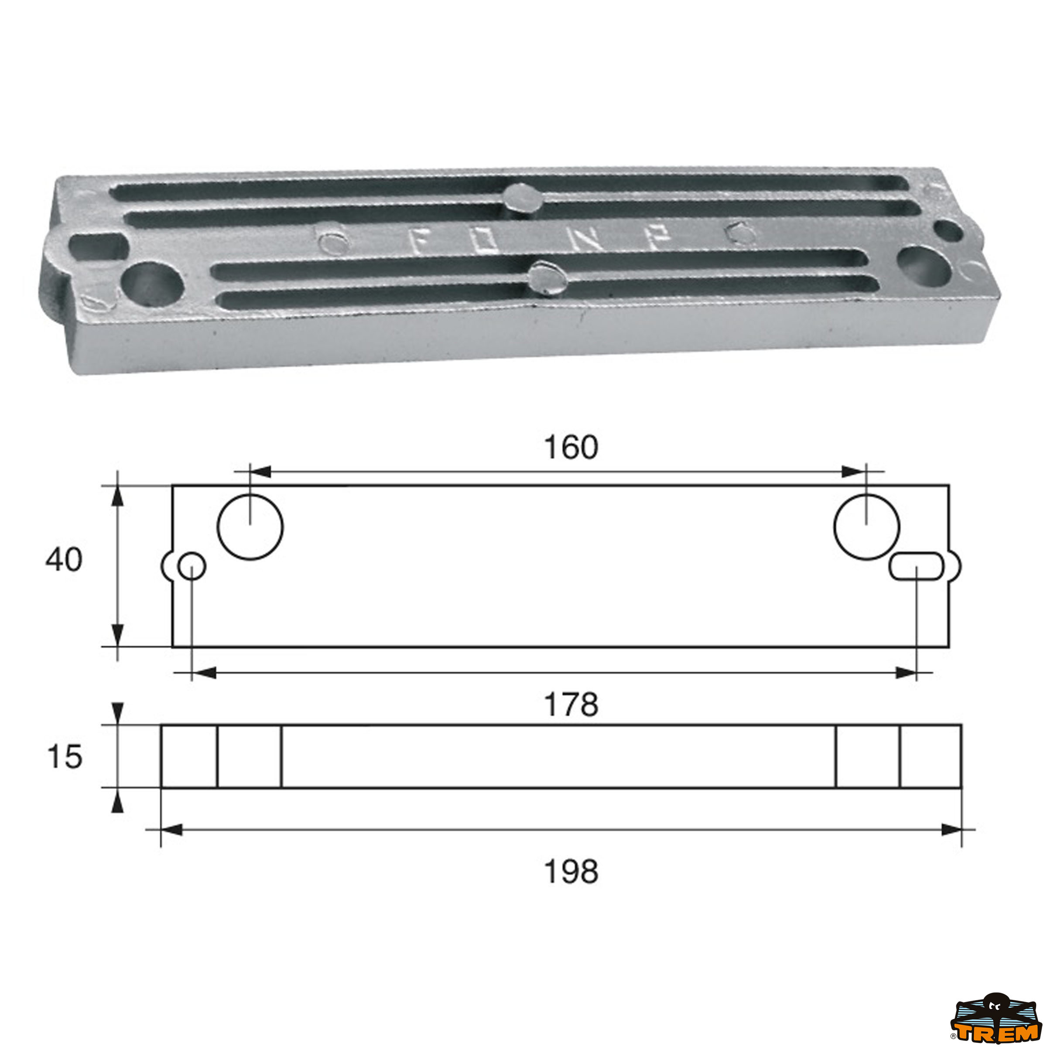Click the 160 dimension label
571,448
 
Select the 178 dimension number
571,705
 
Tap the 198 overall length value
571,872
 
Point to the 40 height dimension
64,560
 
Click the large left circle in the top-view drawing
250,527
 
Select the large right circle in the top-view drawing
866,527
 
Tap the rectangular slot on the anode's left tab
98,246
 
